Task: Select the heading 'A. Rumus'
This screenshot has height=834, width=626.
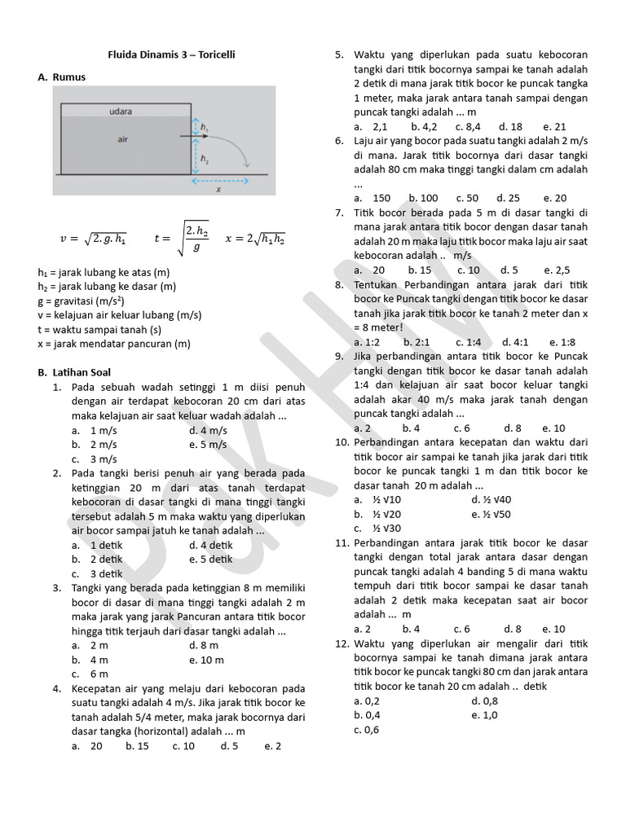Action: pyautogui.click(x=61, y=77)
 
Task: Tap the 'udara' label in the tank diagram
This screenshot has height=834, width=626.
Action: pyautogui.click(x=120, y=110)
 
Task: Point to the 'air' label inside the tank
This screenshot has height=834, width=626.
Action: pyautogui.click(x=122, y=139)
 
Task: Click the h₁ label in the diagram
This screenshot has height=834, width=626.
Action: pyautogui.click(x=205, y=128)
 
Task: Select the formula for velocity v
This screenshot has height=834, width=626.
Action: pyautogui.click(x=94, y=239)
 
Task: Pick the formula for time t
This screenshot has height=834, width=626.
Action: pyautogui.click(x=182, y=239)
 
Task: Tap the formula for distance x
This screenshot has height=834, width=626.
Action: pyautogui.click(x=254, y=239)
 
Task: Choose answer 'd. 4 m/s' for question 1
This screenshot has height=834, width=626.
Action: pyautogui.click(x=208, y=430)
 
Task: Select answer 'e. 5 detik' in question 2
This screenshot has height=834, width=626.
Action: pyautogui.click(x=210, y=560)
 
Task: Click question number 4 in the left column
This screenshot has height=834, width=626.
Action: pyautogui.click(x=57, y=688)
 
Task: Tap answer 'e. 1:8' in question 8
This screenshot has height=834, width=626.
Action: pyautogui.click(x=562, y=341)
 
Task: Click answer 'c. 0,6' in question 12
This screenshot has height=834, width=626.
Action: pyautogui.click(x=367, y=730)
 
